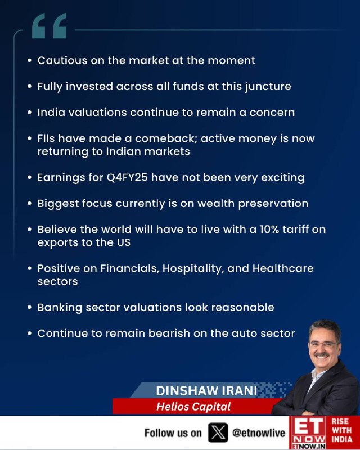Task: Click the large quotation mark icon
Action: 49,26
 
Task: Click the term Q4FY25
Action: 127,178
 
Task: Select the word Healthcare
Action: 283,269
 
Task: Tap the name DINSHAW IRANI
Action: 206,391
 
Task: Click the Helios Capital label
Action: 193,407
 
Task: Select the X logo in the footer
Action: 218,433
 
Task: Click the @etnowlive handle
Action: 259,433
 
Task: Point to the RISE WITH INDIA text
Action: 342,430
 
